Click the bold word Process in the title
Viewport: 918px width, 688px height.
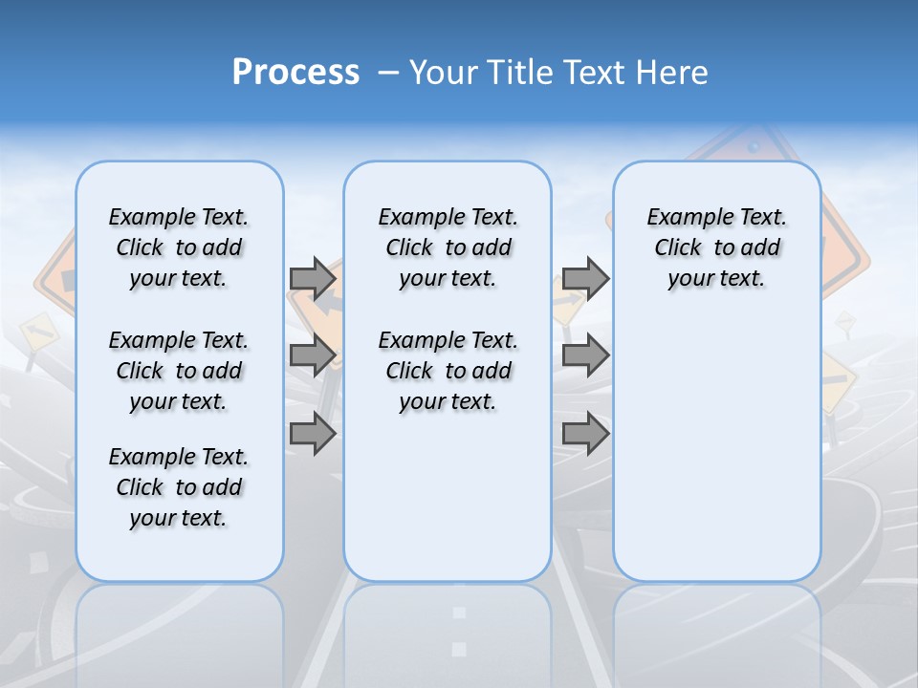pyautogui.click(x=295, y=73)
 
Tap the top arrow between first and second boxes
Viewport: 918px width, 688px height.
pyautogui.click(x=313, y=279)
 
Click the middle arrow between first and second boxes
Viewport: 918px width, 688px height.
pyautogui.click(x=313, y=356)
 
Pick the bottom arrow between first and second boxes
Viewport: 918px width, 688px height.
pyautogui.click(x=313, y=434)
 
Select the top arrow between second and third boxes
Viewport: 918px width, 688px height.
pyautogui.click(x=585, y=279)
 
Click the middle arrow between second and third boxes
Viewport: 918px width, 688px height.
pyautogui.click(x=585, y=356)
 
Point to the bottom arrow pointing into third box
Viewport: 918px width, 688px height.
pyautogui.click(x=585, y=434)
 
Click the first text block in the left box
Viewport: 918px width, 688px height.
pyautogui.click(x=179, y=247)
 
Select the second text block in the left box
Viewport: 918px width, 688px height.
pyautogui.click(x=179, y=371)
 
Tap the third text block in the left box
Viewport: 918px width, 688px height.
pyautogui.click(x=179, y=487)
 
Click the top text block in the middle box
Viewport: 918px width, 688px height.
pyautogui.click(x=448, y=247)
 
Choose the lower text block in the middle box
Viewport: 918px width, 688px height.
pyautogui.click(x=448, y=371)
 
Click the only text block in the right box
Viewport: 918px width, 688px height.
pyautogui.click(x=716, y=247)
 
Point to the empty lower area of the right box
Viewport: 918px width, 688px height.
pyautogui.click(x=716, y=449)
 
